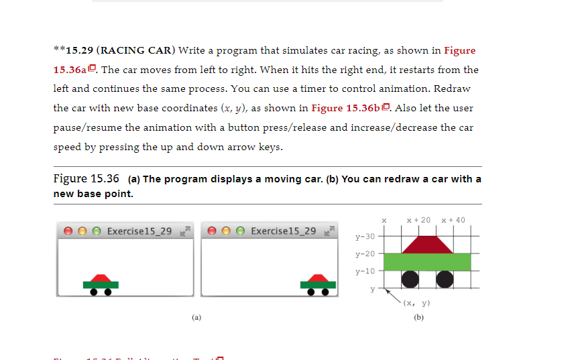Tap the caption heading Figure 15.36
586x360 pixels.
pyautogui.click(x=86, y=178)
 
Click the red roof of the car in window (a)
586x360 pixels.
pyautogui.click(x=101, y=278)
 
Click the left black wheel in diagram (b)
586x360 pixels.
pyautogui.click(x=410, y=278)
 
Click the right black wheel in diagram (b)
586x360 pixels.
pyautogui.click(x=444, y=278)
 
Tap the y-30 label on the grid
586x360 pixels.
pyautogui.click(x=365, y=237)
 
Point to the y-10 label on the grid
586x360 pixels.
pyautogui.click(x=365, y=271)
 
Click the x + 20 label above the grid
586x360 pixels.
pyautogui.click(x=418, y=220)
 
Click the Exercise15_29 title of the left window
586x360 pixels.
pyautogui.click(x=139, y=231)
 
